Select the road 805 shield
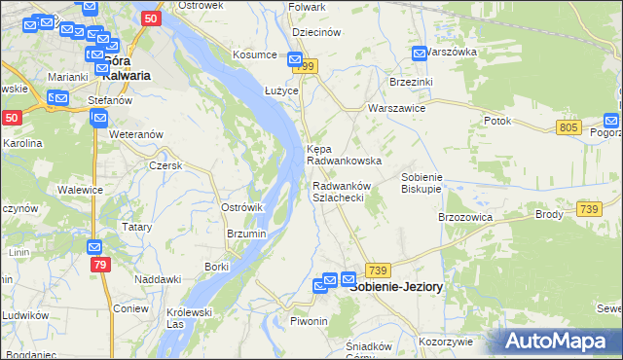[569, 128]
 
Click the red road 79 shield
[99, 265]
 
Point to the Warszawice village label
[395, 109]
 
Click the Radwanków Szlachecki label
[338, 192]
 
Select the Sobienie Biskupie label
[422, 183]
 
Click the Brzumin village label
[246, 234]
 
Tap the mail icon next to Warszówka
[420, 54]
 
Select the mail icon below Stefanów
[98, 119]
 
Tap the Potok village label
[496, 121]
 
